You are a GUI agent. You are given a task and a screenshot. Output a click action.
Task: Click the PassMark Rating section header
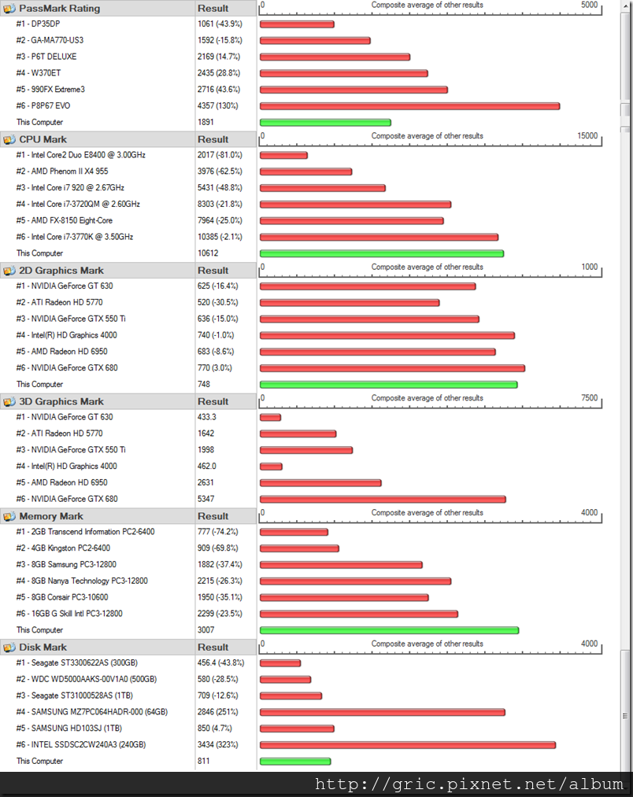coord(59,9)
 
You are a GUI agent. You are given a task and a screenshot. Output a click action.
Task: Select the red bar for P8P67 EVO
coord(409,106)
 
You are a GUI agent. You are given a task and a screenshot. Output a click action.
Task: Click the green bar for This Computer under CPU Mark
coord(381,253)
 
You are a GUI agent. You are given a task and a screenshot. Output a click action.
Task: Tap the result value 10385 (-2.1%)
coord(220,237)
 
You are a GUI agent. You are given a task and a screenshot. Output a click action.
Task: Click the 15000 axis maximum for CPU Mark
coord(587,136)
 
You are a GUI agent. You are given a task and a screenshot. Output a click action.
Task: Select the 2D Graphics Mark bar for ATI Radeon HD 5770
coord(349,303)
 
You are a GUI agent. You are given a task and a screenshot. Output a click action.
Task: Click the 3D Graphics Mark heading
coord(61,401)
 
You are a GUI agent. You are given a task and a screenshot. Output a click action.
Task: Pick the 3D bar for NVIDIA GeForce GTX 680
coord(383,499)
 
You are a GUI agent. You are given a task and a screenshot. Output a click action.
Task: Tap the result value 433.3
coord(208,417)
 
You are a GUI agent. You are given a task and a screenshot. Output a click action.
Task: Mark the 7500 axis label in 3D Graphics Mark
coord(589,398)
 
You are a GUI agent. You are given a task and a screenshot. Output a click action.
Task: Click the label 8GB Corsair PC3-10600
coord(69,597)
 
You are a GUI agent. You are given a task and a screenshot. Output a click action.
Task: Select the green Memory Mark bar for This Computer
coord(389,630)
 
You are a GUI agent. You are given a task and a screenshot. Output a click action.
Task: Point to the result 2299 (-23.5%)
coord(220,614)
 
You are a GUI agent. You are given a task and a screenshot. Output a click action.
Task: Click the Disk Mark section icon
coord(9,648)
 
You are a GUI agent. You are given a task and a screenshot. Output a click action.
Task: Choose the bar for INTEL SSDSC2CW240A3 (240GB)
coord(407,745)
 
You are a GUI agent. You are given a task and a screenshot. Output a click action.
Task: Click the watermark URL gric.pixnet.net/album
coord(470,784)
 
